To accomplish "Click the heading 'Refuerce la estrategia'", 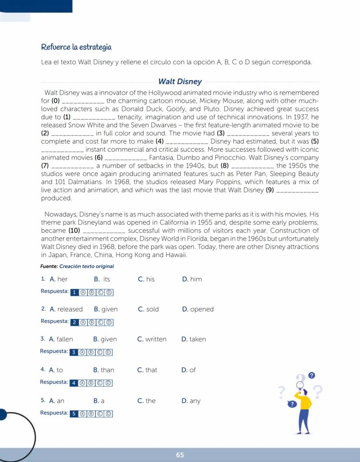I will pos(77,47).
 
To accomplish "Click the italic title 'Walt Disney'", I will pos(180,82).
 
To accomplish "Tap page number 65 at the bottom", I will pos(180,455).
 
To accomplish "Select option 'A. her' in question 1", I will pos(59,279).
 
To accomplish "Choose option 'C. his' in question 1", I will pos(146,279).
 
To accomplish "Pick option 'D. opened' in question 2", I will pos(198,309).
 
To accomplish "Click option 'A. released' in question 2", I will pos(66,309).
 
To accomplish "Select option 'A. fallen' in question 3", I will pos(61,339).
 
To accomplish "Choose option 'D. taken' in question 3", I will pos(193,339).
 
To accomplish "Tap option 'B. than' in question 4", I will pos(103,370).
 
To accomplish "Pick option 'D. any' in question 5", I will pos(191,401).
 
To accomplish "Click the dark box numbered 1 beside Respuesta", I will pos(75,292).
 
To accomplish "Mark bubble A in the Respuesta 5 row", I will pos(83,413).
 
